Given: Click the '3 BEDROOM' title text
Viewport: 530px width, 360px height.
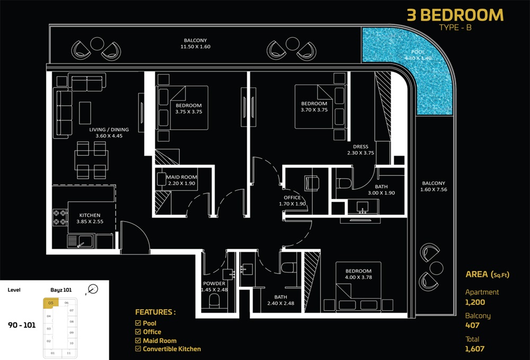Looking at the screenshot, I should point(455,15).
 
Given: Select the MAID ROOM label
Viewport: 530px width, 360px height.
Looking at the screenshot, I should point(182,180).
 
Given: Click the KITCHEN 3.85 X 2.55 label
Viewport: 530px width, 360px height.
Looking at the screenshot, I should point(90,219).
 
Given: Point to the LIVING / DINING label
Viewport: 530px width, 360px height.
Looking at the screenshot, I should point(109,132).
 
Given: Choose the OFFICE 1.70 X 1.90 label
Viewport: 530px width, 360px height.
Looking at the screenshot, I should point(293,201).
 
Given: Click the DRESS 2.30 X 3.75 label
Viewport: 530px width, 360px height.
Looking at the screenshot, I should point(360,150).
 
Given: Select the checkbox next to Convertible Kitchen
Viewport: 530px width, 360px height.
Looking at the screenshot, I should point(138,349).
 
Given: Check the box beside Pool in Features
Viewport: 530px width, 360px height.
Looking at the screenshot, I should point(138,323).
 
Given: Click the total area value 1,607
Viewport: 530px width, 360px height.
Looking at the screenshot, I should point(475,349).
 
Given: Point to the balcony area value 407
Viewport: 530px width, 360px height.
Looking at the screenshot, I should point(472,326).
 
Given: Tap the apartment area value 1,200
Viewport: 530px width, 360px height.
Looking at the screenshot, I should point(475,302).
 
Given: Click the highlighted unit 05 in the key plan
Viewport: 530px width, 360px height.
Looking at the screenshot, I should point(51,303).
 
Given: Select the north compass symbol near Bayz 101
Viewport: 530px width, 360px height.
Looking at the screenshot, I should point(93,289).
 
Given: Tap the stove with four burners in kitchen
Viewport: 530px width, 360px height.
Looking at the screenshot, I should point(59,216).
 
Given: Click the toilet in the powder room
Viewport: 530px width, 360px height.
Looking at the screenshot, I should point(215,302).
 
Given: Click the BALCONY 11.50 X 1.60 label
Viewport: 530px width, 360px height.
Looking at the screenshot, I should point(196,43).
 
